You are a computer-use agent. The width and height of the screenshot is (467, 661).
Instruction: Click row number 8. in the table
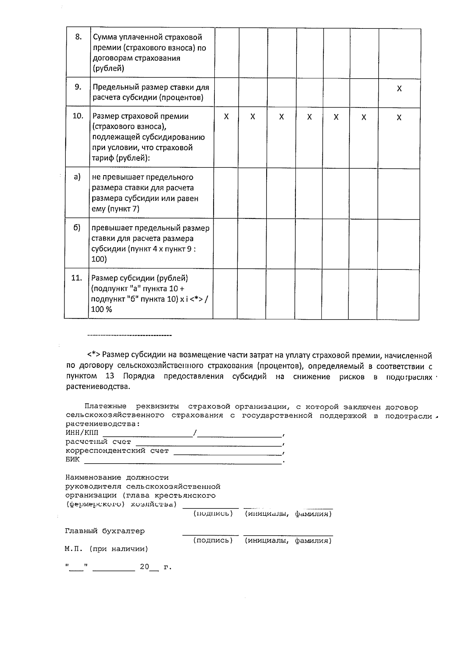click(x=78, y=37)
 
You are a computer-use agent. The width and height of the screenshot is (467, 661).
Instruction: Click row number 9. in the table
click(x=78, y=87)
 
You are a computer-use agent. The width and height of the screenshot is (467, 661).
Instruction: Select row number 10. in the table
click(x=78, y=116)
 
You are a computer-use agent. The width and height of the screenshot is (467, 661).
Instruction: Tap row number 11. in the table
click(x=77, y=278)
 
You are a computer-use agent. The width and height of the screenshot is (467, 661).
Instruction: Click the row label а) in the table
click(x=77, y=177)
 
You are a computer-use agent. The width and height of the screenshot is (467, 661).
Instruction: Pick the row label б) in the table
click(x=77, y=227)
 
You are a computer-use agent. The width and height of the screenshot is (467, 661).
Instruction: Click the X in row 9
click(x=399, y=89)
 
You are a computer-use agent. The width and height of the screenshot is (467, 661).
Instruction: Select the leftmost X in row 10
click(x=226, y=117)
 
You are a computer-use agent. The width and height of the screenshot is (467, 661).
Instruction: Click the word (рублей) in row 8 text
click(x=108, y=69)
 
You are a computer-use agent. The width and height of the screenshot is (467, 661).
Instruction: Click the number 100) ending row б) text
click(x=99, y=259)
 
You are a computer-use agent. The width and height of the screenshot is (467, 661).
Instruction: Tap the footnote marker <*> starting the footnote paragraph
click(x=94, y=355)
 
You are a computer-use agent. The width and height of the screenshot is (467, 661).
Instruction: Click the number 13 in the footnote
click(x=110, y=376)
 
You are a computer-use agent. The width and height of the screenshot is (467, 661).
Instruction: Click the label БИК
click(x=72, y=459)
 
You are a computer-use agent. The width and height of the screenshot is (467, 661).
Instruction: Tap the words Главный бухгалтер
click(x=105, y=531)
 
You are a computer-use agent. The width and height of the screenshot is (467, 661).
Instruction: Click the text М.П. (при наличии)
click(x=106, y=549)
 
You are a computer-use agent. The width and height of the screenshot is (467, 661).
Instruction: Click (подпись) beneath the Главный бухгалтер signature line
click(x=213, y=540)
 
